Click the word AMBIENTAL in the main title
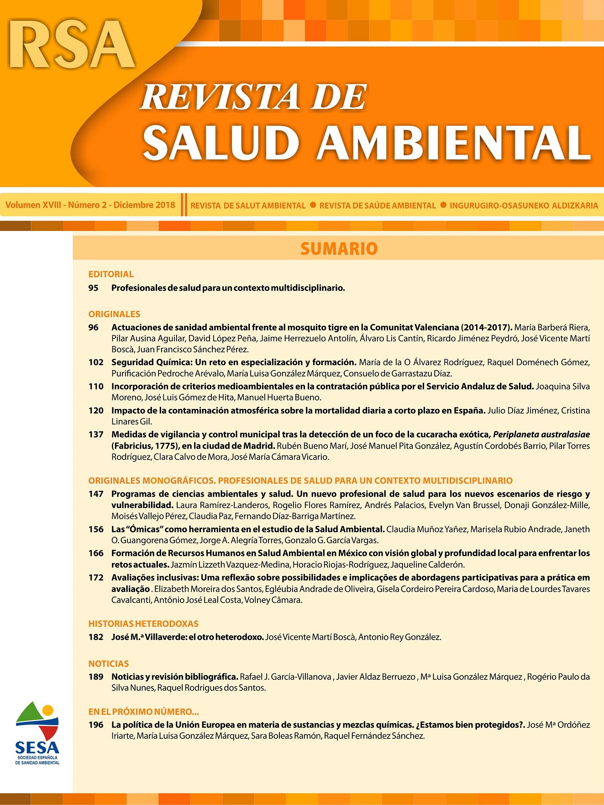[x=454, y=143]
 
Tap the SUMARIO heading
[x=339, y=249]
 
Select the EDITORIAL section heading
[x=111, y=274]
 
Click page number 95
[x=94, y=288]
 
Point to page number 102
[x=96, y=362]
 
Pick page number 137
[x=96, y=434]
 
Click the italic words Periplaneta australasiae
[x=541, y=434]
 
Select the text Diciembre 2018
[x=144, y=205]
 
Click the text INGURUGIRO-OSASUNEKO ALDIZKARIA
[x=524, y=206]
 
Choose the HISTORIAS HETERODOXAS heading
[x=143, y=624]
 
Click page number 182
[x=96, y=637]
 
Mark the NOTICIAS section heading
[x=109, y=664]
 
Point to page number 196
[x=96, y=725]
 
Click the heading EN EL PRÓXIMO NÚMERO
[x=143, y=711]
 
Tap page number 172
[x=96, y=578]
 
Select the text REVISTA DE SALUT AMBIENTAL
[x=248, y=206]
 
